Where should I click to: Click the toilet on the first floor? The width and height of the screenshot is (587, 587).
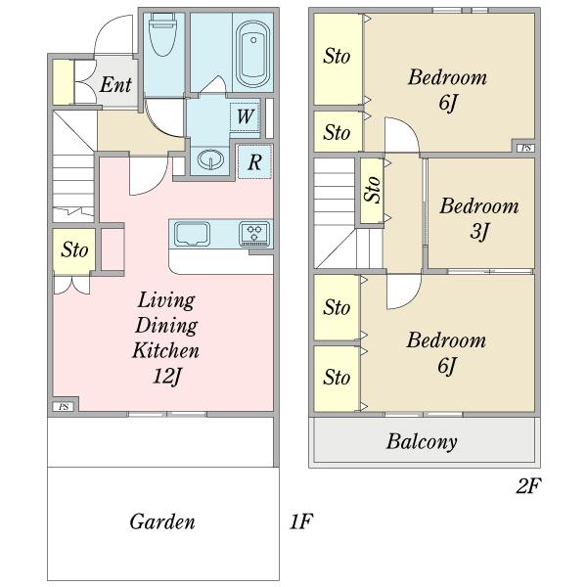click(162, 34)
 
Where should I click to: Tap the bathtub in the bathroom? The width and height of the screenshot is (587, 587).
click(253, 54)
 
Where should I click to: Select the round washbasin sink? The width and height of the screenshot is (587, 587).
click(210, 158)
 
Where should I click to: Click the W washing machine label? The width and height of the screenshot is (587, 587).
click(246, 116)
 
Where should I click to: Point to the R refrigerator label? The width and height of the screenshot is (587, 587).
click(254, 162)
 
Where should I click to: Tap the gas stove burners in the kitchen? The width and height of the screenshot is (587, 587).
click(254, 234)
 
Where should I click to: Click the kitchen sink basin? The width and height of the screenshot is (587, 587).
click(192, 234)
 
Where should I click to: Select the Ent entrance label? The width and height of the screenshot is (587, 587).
click(115, 84)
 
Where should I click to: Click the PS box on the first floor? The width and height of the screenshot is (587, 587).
click(64, 407)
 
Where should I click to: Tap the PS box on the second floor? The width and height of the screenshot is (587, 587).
click(525, 148)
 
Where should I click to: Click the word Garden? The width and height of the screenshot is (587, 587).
click(162, 521)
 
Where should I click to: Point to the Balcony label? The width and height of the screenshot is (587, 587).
click(422, 442)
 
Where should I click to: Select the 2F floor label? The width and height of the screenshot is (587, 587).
click(528, 486)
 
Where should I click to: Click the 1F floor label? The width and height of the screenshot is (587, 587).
click(301, 521)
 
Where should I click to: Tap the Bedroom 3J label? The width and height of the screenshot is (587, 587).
click(479, 218)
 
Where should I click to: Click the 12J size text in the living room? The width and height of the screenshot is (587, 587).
click(167, 376)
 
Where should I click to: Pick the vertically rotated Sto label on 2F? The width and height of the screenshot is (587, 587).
click(373, 190)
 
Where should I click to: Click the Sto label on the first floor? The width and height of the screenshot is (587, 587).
click(74, 249)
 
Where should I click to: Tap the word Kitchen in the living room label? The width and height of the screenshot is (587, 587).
click(166, 351)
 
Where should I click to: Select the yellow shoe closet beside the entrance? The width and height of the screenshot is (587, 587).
click(64, 82)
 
